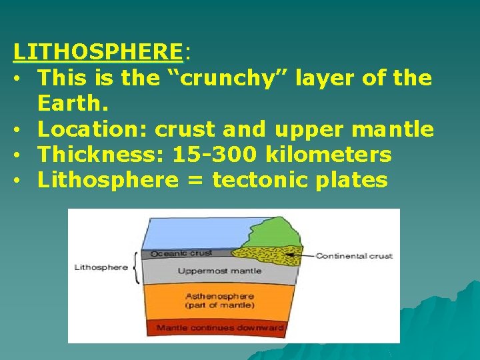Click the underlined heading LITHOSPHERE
point(97,51)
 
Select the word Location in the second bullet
point(91,129)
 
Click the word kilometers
point(329,155)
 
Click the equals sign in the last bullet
point(195,180)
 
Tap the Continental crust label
point(353,256)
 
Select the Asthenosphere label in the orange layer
point(219,296)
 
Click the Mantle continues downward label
point(219,327)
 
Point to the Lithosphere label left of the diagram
point(101,267)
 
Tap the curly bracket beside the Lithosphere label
point(137,267)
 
